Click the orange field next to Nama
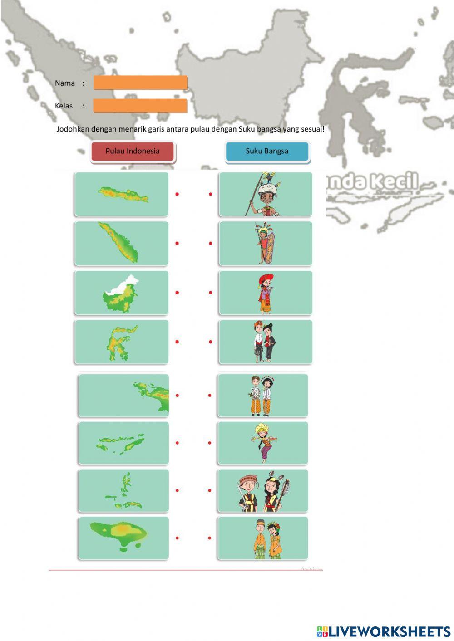click(x=140, y=83)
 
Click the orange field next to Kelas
click(x=140, y=106)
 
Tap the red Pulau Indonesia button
click(x=133, y=152)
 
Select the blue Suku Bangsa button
click(x=267, y=152)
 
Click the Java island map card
click(x=122, y=194)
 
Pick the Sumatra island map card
click(x=122, y=244)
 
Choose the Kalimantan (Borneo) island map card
click(x=122, y=293)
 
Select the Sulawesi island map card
click(x=122, y=342)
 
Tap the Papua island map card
click(x=123, y=395)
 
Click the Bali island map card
click(x=123, y=538)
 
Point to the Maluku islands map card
click(x=123, y=490)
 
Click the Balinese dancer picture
click(x=263, y=443)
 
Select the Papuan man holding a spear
click(x=266, y=194)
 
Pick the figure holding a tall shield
click(x=266, y=244)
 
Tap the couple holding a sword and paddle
click(x=263, y=490)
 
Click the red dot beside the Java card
click(x=177, y=194)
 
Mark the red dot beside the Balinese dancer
click(x=210, y=443)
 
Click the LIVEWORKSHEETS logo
click(x=384, y=631)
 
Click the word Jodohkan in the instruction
click(x=73, y=129)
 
